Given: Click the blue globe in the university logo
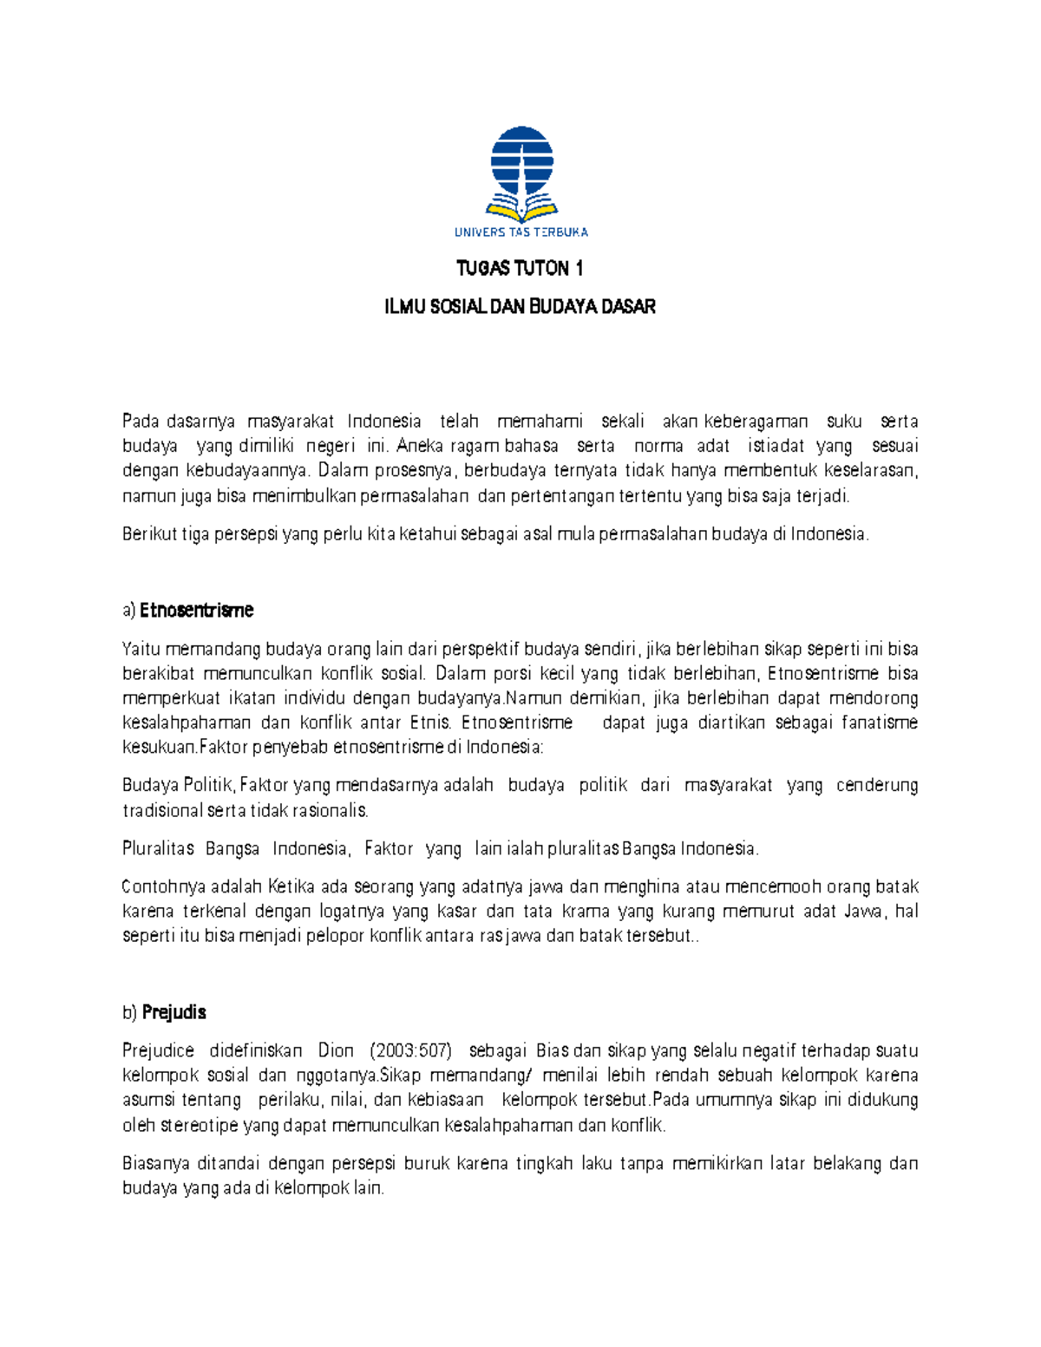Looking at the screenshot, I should click(x=521, y=160).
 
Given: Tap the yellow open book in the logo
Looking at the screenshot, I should click(x=521, y=211).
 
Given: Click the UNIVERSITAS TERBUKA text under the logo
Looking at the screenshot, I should click(x=520, y=232).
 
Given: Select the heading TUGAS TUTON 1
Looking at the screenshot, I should click(x=520, y=268).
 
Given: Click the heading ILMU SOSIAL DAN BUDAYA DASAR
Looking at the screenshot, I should click(x=520, y=306).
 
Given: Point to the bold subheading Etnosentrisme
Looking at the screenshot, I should click(x=197, y=611).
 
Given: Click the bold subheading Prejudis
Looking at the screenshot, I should click(x=174, y=1012).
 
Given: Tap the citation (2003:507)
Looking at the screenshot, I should click(x=410, y=1051).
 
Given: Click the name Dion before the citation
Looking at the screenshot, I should click(x=336, y=1051).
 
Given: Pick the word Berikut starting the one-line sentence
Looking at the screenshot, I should click(x=149, y=534).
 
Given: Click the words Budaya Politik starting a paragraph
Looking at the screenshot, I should click(x=178, y=786).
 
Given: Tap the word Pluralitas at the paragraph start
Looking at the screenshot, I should click(x=158, y=848).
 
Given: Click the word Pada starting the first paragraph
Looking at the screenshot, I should click(x=140, y=422).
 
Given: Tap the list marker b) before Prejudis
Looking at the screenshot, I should click(x=129, y=1012).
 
